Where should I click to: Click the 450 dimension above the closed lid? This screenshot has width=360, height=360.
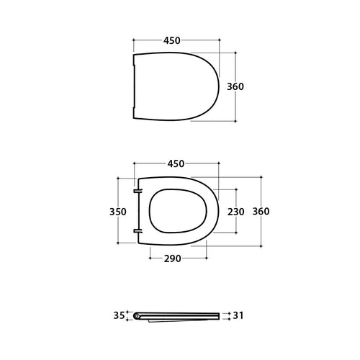(172, 41)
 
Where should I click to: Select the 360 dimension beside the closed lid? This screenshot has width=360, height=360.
(235, 86)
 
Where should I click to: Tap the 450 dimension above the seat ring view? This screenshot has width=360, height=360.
(176, 163)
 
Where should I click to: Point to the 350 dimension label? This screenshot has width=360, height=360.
(118, 212)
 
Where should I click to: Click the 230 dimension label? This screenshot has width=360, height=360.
(235, 212)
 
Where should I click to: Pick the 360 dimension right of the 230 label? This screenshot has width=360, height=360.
(261, 212)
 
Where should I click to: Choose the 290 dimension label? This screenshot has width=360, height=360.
(171, 257)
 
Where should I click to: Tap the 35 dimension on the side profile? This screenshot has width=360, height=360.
(119, 315)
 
